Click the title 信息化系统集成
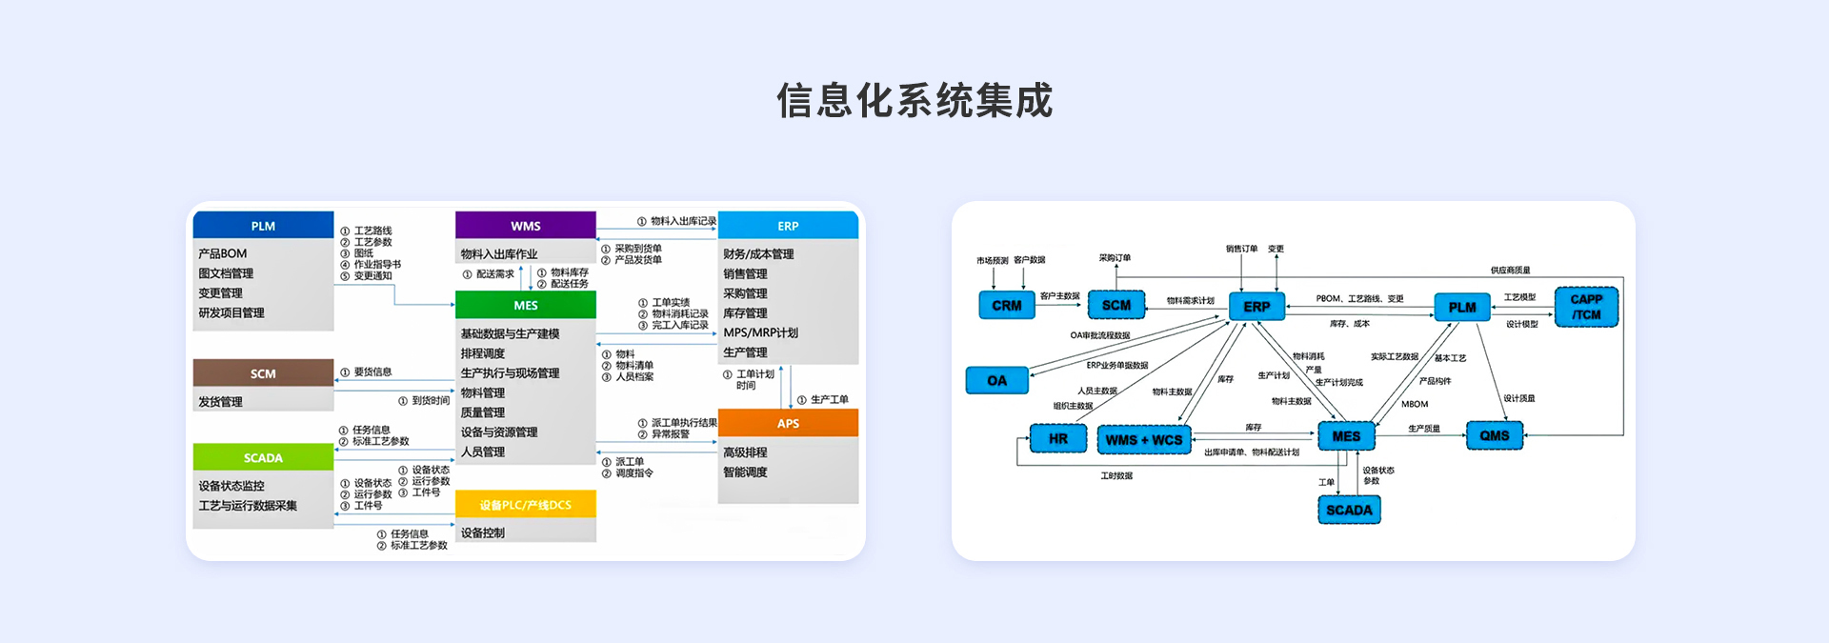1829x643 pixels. point(914,101)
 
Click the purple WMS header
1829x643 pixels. point(525,226)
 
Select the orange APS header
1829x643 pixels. point(788,423)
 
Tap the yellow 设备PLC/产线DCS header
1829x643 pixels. point(525,505)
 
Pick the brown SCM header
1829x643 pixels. point(263,373)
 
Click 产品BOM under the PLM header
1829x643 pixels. point(223,253)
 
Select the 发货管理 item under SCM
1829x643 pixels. point(221,402)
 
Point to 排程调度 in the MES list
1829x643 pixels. point(483,353)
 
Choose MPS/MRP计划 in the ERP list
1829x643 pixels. point(760,332)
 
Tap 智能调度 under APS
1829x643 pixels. point(745,472)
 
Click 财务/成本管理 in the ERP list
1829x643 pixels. point(758,253)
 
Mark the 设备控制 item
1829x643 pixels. point(483,532)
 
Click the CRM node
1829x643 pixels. point(1006,306)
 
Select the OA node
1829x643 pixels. point(996,380)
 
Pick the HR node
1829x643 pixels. point(1057,438)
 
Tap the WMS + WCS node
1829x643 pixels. point(1143,439)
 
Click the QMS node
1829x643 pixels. point(1494,435)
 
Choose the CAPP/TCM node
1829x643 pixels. point(1586,307)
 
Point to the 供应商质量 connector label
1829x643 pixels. point(1510,271)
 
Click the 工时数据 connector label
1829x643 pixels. point(1116,475)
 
